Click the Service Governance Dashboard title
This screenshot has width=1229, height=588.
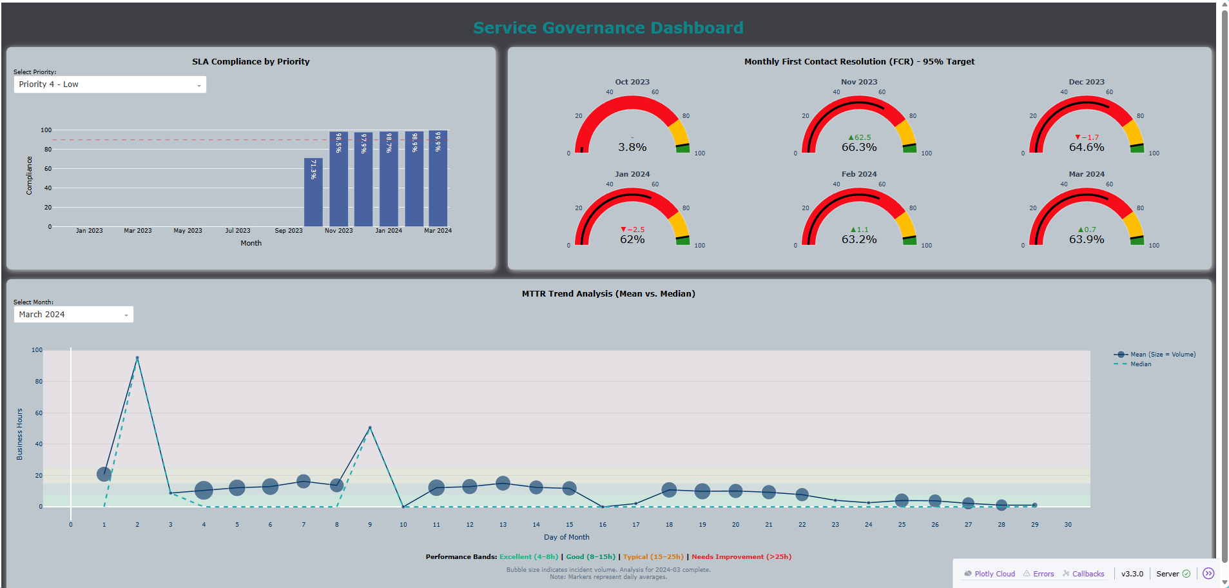(608, 28)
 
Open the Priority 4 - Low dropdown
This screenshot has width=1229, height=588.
(110, 84)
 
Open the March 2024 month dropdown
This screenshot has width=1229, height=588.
(73, 315)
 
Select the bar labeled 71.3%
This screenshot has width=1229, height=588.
(313, 193)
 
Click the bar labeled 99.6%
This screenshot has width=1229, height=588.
(438, 181)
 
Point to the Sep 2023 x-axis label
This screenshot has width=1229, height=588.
(288, 231)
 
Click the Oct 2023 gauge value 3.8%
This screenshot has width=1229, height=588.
(632, 147)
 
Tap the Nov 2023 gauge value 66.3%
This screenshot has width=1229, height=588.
(859, 147)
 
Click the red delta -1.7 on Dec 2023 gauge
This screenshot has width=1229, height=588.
(1087, 137)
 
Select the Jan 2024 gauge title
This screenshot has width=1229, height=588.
(632, 174)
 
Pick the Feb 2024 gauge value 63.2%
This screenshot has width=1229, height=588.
(859, 239)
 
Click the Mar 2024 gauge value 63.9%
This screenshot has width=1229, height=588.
(1087, 239)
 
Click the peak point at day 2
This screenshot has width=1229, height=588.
(137, 358)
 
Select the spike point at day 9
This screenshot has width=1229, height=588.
(370, 427)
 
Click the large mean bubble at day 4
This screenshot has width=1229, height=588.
(204, 491)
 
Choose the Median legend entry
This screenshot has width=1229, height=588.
(1140, 364)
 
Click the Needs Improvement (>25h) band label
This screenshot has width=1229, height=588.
(741, 557)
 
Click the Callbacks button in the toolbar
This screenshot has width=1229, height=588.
(1087, 574)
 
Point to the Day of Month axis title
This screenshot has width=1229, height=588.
(566, 537)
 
